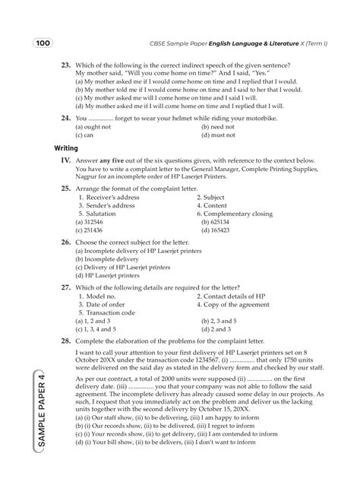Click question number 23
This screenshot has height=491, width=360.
[x=66, y=66]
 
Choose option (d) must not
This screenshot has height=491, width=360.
[x=218, y=135]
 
